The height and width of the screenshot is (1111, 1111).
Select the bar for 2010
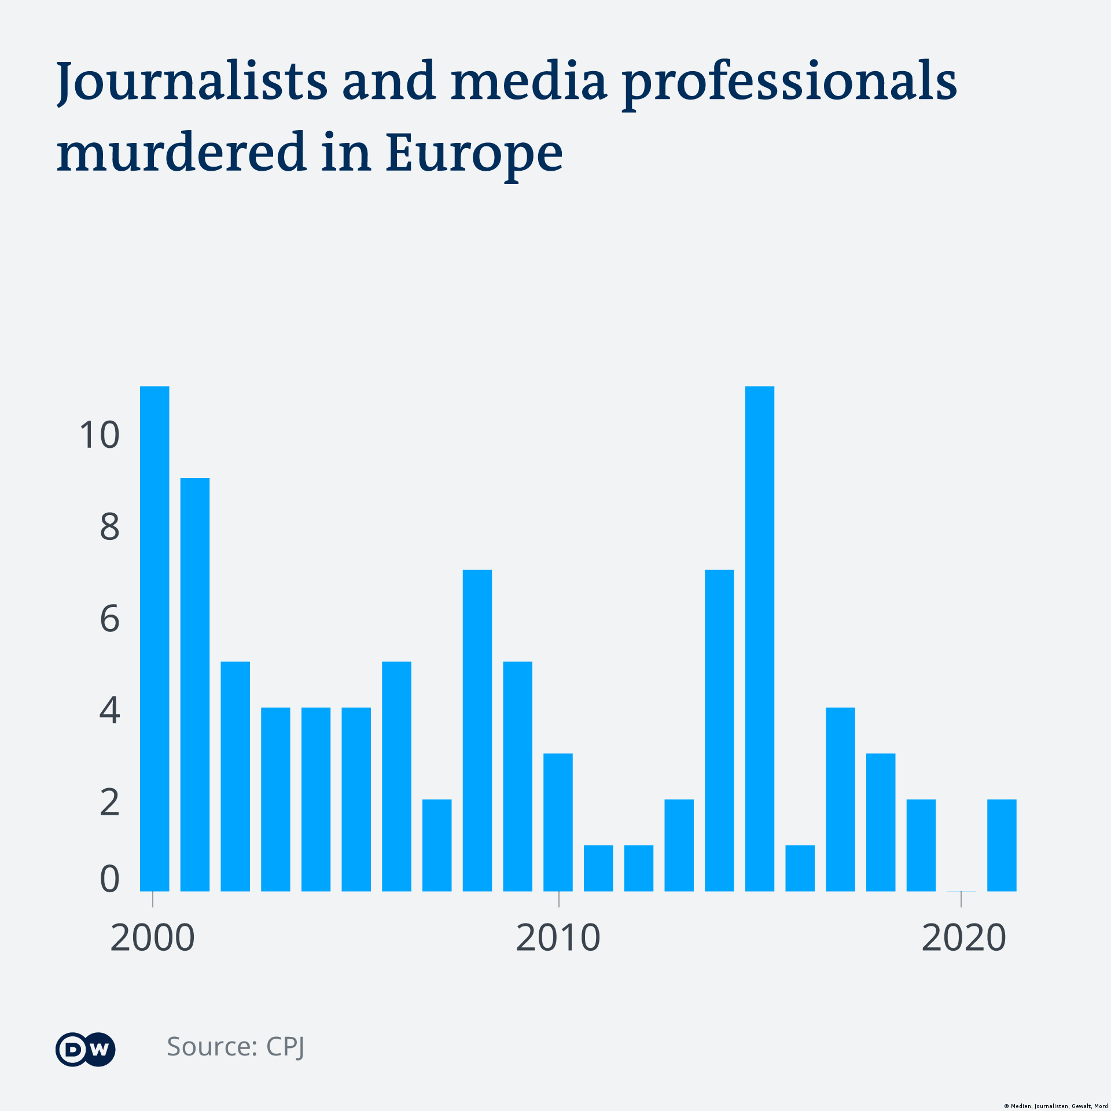(558, 822)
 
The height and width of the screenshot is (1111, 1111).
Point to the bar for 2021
(1002, 845)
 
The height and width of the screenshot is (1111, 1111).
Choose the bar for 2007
(437, 845)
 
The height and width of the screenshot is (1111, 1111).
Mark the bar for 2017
(840, 799)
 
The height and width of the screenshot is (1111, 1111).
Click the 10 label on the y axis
(100, 435)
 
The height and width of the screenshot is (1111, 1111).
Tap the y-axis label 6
(109, 619)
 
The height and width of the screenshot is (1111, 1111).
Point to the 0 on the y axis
(109, 880)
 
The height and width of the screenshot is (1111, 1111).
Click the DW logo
(86, 1049)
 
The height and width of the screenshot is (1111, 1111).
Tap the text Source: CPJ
(236, 1047)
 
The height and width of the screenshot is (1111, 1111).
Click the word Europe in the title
(474, 152)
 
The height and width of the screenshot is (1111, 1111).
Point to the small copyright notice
(1055, 1106)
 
